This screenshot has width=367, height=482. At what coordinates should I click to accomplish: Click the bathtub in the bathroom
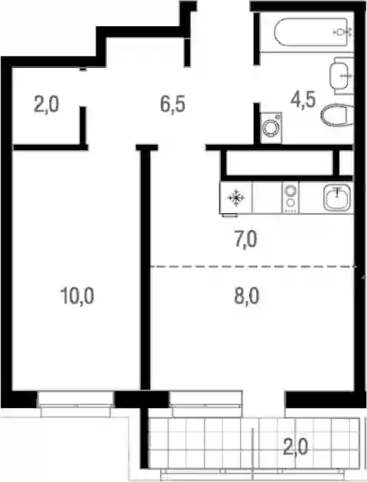coord(311,32)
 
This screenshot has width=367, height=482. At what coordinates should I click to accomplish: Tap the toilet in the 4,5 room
coord(337,115)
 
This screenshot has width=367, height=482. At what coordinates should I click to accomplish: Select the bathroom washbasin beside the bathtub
coord(339,75)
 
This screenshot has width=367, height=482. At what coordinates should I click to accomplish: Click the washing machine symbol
coord(271,128)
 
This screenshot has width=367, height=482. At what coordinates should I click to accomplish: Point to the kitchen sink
coord(337,198)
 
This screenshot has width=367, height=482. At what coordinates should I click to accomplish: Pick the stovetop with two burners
coord(290,197)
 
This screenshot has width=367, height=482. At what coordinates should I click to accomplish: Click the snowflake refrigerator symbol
coord(236,198)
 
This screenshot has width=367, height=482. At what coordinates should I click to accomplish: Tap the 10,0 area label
coord(77,296)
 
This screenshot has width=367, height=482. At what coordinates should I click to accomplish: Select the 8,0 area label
coord(247,296)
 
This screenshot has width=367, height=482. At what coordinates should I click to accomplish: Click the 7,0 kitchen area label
coord(245,240)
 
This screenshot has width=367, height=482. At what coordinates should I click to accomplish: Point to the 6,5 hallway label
coord(172,104)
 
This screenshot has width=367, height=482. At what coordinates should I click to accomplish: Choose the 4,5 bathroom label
coord(303,100)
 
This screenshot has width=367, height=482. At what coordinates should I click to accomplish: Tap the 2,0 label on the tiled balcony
coord(295,447)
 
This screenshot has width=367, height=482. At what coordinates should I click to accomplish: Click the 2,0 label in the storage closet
coord(46,105)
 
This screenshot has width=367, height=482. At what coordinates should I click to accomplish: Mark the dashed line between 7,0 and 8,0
coord(252,266)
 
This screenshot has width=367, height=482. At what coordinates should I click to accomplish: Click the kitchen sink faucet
coord(337,192)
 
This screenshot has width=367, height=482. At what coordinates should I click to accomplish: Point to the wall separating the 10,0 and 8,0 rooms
coord(145,269)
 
